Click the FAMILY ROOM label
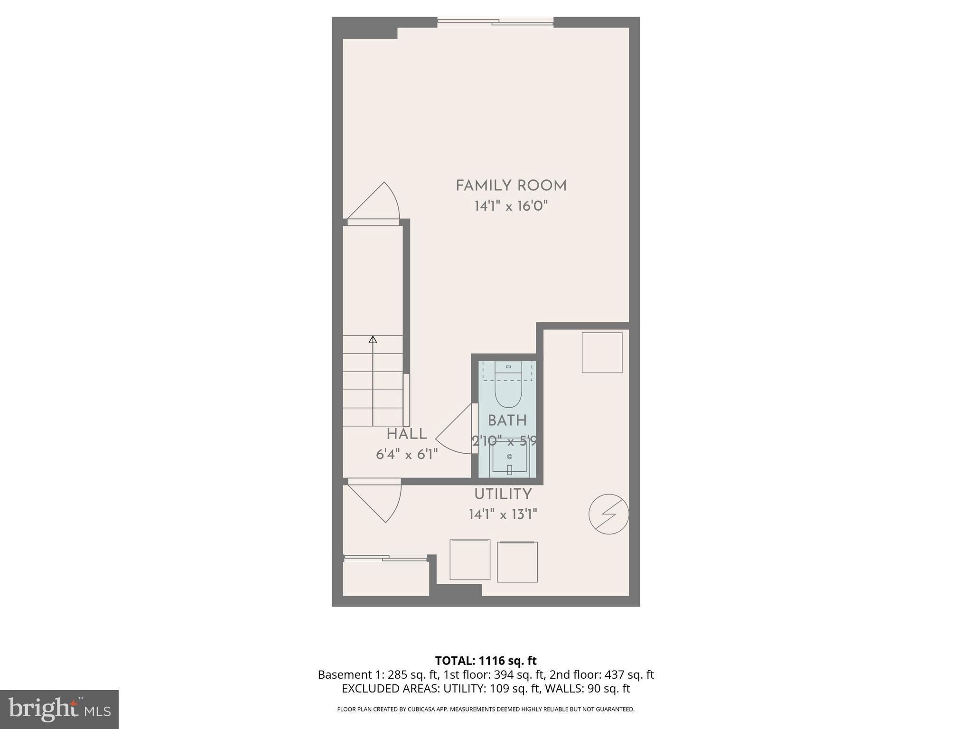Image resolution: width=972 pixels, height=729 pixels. click(511, 186)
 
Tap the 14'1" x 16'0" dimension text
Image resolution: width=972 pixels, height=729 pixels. click(511, 206)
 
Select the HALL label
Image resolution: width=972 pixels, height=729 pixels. click(407, 434)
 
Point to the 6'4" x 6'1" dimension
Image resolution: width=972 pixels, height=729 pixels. click(407, 455)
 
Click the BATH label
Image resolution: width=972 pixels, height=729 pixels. click(507, 421)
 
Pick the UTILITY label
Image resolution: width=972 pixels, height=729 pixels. click(503, 494)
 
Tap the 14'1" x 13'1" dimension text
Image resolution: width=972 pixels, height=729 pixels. click(503, 514)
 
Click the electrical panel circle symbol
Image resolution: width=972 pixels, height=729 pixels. click(608, 514)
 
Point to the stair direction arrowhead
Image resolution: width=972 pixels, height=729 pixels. click(373, 339)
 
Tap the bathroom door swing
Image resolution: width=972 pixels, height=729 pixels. click(455, 430)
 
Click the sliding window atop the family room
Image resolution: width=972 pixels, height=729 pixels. click(495, 22)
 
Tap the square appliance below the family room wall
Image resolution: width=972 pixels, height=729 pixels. click(602, 353)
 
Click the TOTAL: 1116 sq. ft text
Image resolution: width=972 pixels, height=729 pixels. click(486, 661)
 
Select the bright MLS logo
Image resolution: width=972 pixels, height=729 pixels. click(59, 710)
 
